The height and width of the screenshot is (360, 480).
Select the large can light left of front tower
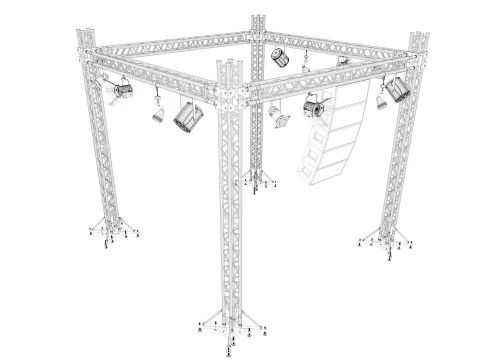187,116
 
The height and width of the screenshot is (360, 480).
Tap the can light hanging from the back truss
282,56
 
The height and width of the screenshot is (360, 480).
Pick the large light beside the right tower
398,89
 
